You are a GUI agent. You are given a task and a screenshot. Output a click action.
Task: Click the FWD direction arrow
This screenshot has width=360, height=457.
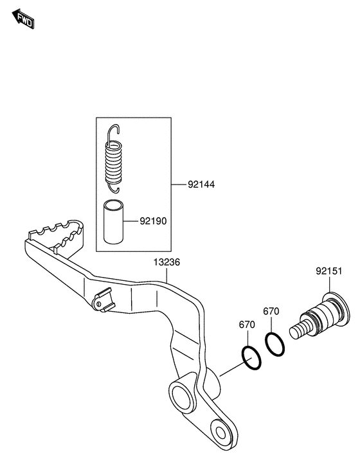coord(23,19)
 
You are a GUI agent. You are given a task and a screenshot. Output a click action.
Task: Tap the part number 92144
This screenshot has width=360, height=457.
coord(201,184)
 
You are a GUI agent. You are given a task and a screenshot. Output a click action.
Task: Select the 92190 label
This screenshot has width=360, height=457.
coord(153,221)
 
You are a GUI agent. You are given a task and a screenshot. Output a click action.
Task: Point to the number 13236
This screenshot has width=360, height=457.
coord(166,262)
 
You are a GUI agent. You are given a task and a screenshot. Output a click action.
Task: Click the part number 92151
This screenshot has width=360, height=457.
coord(328,271)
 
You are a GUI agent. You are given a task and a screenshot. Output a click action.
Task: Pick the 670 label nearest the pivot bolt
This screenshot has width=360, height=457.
coord(271,311)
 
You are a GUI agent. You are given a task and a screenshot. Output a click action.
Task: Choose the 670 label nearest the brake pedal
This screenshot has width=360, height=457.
coord(247,325)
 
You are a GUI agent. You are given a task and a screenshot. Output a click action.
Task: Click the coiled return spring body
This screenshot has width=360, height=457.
coord(113,162)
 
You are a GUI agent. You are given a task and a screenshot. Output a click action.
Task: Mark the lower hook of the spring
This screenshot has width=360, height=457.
coord(114,188)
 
